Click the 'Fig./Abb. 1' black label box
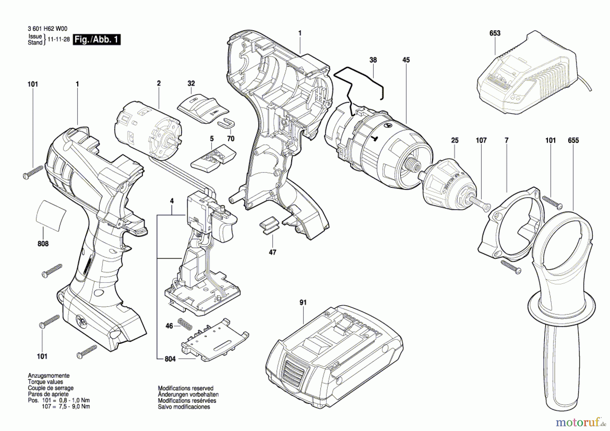(x=97, y=39)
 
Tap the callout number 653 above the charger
(x=495, y=33)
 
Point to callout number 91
(x=303, y=302)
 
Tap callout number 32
(x=191, y=83)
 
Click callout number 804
(x=170, y=359)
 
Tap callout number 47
(x=272, y=252)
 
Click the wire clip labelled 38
(x=359, y=83)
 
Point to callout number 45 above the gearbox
(x=406, y=60)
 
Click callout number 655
(x=573, y=140)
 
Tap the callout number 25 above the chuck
(x=455, y=140)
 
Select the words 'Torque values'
(x=45, y=382)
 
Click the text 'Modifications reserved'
(x=186, y=388)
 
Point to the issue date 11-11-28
(x=59, y=39)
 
